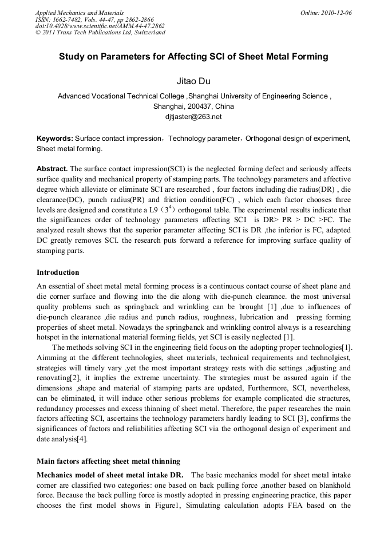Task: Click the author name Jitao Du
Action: point(193,81)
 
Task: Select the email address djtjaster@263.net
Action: point(193,117)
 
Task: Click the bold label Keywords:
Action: point(55,139)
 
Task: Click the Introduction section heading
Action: point(58,272)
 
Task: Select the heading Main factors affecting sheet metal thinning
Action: point(109,461)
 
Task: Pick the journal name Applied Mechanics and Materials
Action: point(80,13)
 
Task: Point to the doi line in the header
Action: point(100,26)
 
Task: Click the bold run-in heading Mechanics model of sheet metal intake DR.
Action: point(110,475)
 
